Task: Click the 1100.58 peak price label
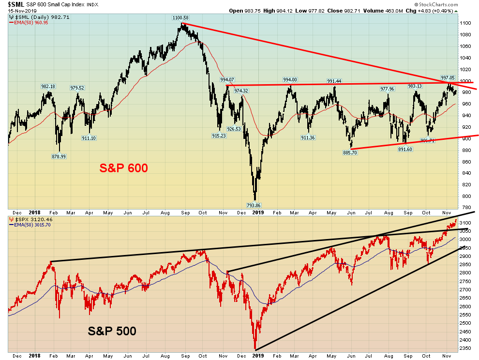(x=180, y=18)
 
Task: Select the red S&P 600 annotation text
(x=123, y=168)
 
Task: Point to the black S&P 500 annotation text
(x=112, y=331)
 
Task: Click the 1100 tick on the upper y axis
(x=465, y=23)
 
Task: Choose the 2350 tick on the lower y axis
(x=465, y=348)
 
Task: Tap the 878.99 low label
(x=60, y=156)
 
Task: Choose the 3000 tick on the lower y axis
(x=465, y=240)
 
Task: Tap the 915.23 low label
(x=219, y=136)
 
